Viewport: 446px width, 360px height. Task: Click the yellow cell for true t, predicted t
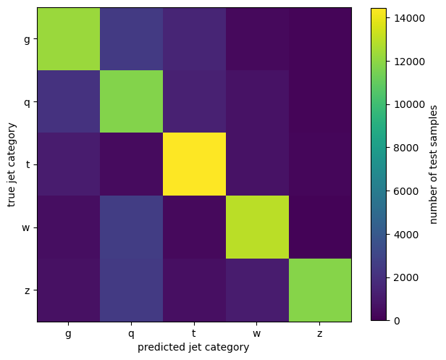pos(195,164)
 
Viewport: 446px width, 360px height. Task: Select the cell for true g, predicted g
pos(69,39)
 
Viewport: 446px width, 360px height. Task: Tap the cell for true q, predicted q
pos(132,101)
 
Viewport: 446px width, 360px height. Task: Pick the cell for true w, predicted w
pos(258,227)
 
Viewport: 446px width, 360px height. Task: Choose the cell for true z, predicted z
pos(320,290)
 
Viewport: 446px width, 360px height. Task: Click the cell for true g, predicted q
pos(132,39)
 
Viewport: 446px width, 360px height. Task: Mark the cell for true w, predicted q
pos(132,227)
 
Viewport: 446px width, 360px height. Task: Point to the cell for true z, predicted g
pos(69,290)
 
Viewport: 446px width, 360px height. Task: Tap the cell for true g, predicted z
pos(320,39)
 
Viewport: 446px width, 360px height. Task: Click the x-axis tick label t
pos(195,333)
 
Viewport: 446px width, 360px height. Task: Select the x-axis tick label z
pos(320,333)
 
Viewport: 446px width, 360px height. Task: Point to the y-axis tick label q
pos(27,101)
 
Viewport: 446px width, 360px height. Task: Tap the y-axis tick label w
pos(27,227)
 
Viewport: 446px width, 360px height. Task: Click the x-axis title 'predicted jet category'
pos(195,347)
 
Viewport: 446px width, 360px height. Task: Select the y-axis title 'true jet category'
pos(12,164)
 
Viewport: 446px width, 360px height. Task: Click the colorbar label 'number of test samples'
pos(434,164)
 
